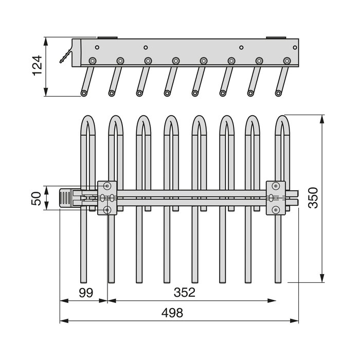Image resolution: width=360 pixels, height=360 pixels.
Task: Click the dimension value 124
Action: [38, 66]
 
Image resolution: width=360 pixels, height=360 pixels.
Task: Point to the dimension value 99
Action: [86, 293]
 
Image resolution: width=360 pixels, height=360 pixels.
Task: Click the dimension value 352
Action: [184, 293]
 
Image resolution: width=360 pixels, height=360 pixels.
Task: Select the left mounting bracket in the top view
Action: [107, 197]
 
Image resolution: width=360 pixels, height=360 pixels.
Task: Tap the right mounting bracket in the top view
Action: [276, 197]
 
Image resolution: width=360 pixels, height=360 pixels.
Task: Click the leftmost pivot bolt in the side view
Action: [93, 61]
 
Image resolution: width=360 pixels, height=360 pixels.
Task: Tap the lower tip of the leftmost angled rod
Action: [84, 93]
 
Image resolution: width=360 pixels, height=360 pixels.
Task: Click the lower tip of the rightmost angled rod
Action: [278, 93]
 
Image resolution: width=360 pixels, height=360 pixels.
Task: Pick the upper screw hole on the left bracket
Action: [107, 185]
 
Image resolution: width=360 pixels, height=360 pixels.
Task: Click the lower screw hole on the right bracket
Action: [276, 209]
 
